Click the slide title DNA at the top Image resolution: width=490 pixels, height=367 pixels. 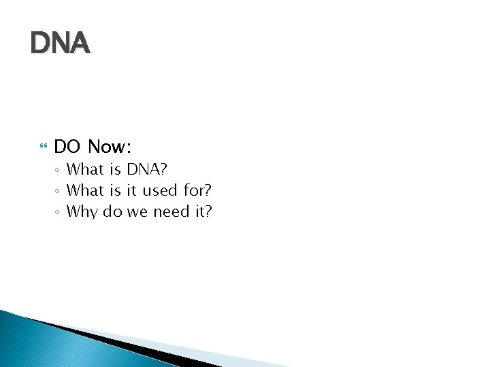pyautogui.click(x=60, y=44)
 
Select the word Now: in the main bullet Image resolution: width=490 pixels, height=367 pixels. pyautogui.click(x=110, y=146)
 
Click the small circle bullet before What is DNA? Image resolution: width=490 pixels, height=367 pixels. pyautogui.click(x=59, y=170)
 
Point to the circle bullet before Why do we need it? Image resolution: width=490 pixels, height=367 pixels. pyautogui.click(x=59, y=212)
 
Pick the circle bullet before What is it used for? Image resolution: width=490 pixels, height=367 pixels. pyautogui.click(x=59, y=191)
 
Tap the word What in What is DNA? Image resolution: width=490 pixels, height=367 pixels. pyautogui.click(x=85, y=169)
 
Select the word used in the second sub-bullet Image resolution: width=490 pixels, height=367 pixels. pyautogui.click(x=161, y=190)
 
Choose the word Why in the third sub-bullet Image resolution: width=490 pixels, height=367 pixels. pyautogui.click(x=82, y=211)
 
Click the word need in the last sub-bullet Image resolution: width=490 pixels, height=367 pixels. pyautogui.click(x=171, y=211)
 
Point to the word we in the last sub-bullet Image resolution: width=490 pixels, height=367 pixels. pyautogui.click(x=137, y=211)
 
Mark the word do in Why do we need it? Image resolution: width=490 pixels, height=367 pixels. pyautogui.click(x=112, y=211)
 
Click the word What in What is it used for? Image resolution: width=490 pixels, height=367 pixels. pyautogui.click(x=85, y=190)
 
